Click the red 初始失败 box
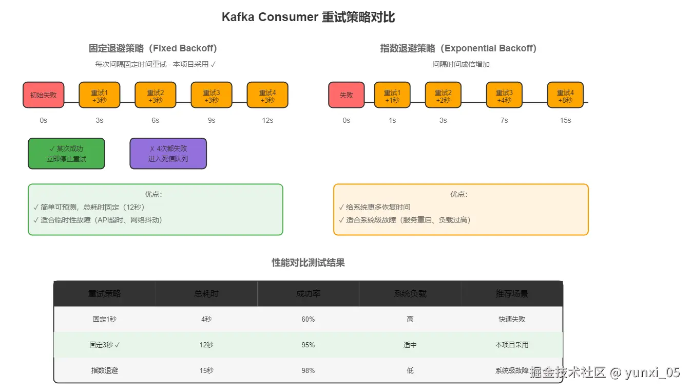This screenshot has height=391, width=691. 43,95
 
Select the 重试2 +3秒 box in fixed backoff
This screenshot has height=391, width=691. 155,95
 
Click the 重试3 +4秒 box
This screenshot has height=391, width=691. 504,95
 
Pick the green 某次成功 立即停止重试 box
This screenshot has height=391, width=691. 66,154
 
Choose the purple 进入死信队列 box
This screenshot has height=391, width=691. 168,154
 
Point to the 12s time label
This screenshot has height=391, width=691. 267,120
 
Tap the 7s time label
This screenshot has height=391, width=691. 504,120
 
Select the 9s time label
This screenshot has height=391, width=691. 211,120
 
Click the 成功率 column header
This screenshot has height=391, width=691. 308,294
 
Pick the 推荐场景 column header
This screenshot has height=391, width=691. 512,294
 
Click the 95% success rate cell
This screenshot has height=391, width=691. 308,345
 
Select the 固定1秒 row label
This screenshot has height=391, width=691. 104,319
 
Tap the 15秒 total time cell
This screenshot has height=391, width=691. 206,370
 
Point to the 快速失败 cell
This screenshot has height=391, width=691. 512,319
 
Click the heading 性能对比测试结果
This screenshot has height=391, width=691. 308,263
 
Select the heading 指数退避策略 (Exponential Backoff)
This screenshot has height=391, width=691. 458,48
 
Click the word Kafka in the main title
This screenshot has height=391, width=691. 238,17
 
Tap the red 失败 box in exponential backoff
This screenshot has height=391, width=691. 346,95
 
